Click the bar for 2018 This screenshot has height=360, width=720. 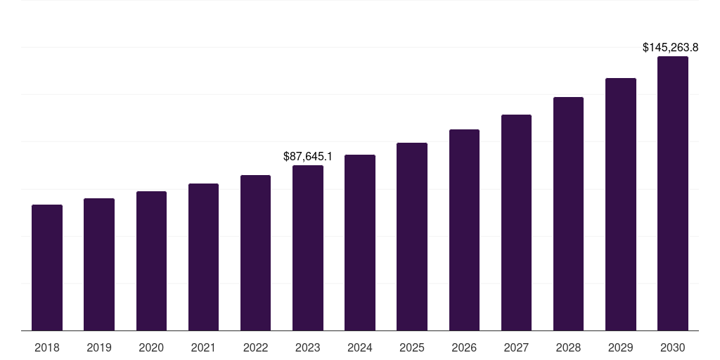[47, 267]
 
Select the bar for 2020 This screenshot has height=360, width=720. [151, 261]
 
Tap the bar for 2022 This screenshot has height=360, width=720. [255, 252]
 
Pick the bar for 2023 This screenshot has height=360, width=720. [308, 247]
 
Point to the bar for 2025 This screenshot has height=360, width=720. [412, 236]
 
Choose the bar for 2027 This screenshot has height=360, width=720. [516, 222]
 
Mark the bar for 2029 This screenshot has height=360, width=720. [620, 204]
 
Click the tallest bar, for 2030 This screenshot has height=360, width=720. [672, 193]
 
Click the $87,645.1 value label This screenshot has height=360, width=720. [308, 156]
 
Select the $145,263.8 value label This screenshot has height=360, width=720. [670, 48]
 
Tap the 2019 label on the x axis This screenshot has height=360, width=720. [99, 347]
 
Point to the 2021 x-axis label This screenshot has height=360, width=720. [203, 347]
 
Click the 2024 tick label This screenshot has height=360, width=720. [360, 347]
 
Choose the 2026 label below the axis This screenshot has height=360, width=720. [464, 347]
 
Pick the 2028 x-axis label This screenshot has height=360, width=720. [568, 347]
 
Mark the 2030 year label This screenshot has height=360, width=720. [672, 347]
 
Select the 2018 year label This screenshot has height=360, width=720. [47, 347]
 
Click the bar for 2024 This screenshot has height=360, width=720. [360, 243]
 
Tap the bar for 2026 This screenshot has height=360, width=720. [464, 230]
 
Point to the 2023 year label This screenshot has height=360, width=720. [308, 347]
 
